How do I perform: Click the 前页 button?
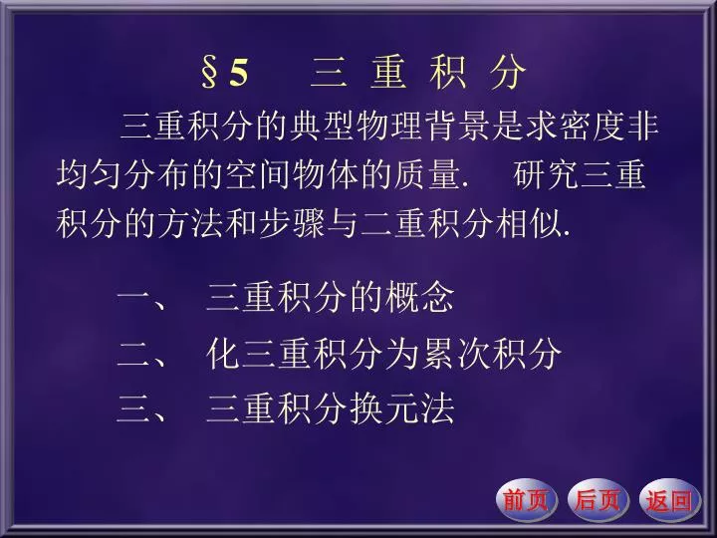pyautogui.click(x=527, y=499)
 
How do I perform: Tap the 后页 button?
pyautogui.click(x=598, y=499)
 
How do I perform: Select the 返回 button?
pyautogui.click(x=670, y=499)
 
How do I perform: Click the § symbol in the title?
pyautogui.click(x=209, y=73)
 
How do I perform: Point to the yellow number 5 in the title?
pyautogui.click(x=239, y=73)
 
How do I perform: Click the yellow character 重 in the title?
pyautogui.click(x=388, y=73)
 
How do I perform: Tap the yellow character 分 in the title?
pyautogui.click(x=508, y=73)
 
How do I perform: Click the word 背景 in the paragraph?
pyautogui.click(x=458, y=125)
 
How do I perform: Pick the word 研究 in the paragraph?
pyautogui.click(x=546, y=174)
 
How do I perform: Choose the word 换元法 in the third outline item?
pyautogui.click(x=402, y=408)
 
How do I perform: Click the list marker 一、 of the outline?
pyautogui.click(x=141, y=298)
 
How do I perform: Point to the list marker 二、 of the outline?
pyautogui.click(x=141, y=354)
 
